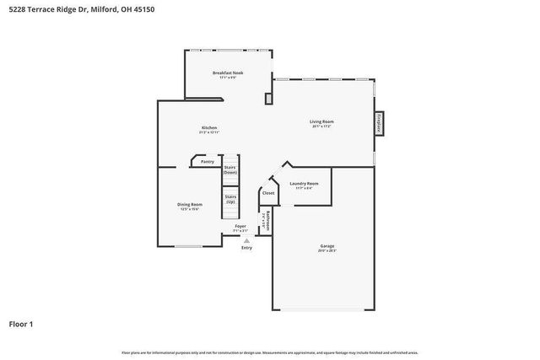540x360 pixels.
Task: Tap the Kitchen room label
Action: click(208, 127)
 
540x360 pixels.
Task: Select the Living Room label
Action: click(321, 122)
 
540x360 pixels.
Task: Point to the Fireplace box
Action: click(379, 123)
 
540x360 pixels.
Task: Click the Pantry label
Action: click(207, 162)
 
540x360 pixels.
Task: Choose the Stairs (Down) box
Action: click(229, 169)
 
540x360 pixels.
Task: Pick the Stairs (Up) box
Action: click(229, 199)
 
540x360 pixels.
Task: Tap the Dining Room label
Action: click(189, 205)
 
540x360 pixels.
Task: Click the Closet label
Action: click(267, 193)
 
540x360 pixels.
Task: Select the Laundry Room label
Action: click(304, 184)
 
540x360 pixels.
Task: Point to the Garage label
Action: click(327, 247)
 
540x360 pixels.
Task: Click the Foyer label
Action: click(240, 227)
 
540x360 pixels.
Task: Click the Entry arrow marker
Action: click(246, 240)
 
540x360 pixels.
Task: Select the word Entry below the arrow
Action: click(246, 248)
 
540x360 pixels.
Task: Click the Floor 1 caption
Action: click(21, 323)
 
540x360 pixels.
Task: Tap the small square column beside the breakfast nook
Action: click(268, 99)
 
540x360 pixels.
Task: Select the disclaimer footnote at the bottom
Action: click(270, 352)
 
